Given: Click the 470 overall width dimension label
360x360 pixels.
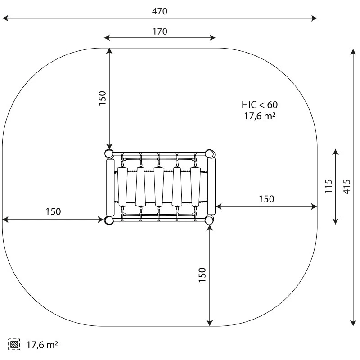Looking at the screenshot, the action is [x=160, y=11].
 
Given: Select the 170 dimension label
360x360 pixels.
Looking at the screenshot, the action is [x=160, y=31].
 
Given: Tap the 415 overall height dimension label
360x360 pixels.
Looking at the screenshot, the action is [x=347, y=187].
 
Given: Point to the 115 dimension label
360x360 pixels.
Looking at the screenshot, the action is [x=328, y=186].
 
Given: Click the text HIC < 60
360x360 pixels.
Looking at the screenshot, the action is [x=260, y=105].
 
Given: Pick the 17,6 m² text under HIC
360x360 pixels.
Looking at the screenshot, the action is [x=260, y=116].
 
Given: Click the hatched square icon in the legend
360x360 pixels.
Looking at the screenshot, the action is [x=14, y=344].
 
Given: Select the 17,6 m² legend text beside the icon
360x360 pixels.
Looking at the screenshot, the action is [x=42, y=345].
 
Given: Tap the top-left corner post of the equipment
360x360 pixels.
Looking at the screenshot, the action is [x=109, y=153].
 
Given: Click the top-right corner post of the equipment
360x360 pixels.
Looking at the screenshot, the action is [x=209, y=153].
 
